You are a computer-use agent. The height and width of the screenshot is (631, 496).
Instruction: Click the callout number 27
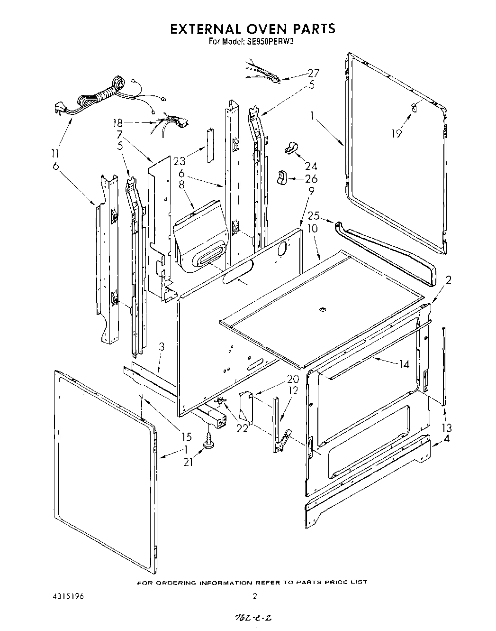pos(313,73)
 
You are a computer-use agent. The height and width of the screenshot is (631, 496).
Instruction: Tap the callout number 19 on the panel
pos(397,134)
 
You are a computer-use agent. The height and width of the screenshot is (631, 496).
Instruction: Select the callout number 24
pos(311,166)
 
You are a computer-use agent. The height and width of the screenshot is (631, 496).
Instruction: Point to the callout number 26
pos(311,179)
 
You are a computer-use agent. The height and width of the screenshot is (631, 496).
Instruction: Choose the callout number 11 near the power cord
pos(55,153)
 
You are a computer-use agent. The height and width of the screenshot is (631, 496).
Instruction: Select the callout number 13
pos(446,428)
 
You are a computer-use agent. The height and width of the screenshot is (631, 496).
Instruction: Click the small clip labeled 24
pos(290,148)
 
